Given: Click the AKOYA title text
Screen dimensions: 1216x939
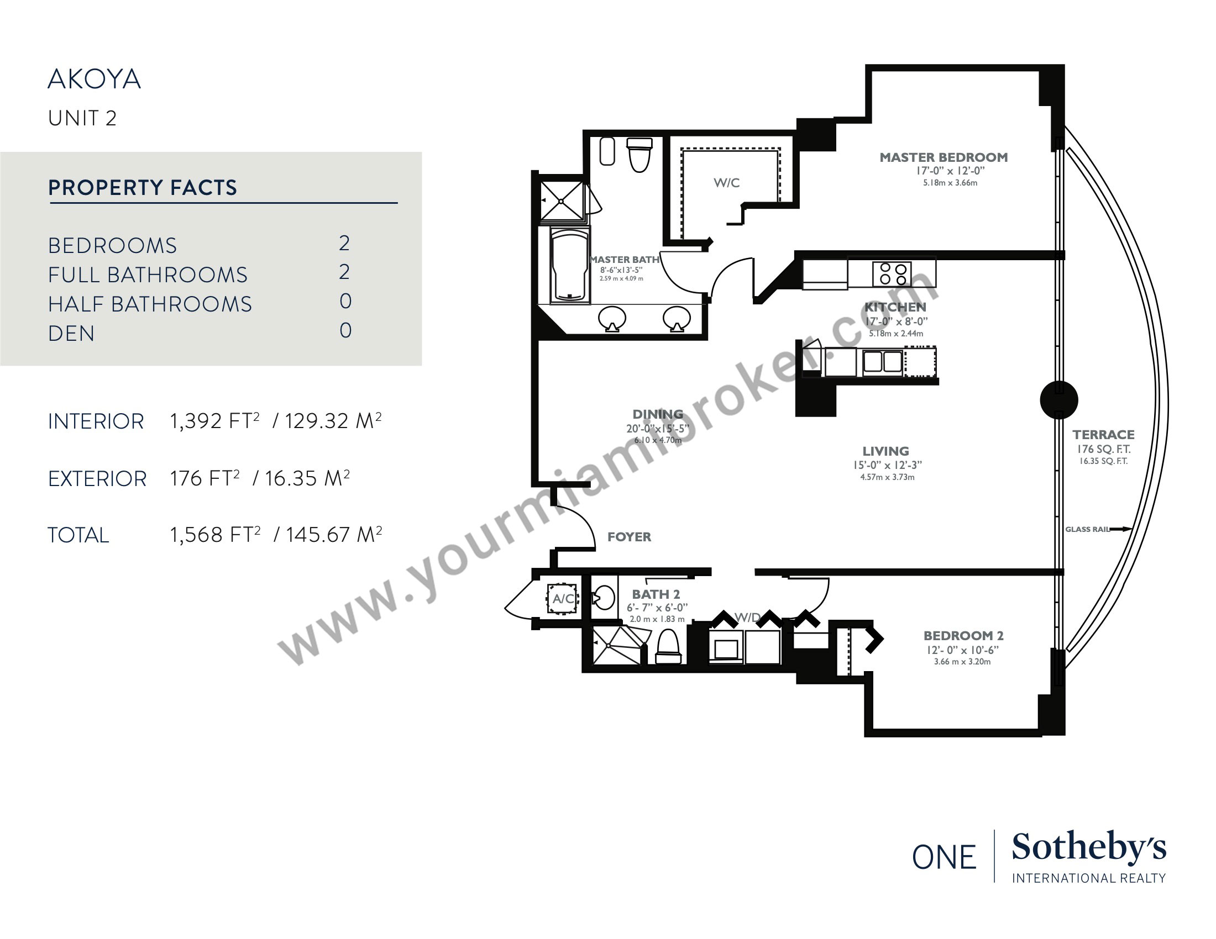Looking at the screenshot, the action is tap(94, 79).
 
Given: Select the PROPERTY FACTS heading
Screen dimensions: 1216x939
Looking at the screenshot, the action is tap(143, 187).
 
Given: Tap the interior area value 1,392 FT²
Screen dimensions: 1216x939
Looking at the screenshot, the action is tap(215, 420).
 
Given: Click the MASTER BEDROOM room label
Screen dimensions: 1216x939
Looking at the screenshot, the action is tap(944, 157).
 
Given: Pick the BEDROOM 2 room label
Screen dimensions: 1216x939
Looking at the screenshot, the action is tap(963, 635).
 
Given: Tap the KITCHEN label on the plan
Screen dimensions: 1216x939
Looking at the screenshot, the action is tap(895, 307).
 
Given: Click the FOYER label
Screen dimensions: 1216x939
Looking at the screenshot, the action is tap(629, 537).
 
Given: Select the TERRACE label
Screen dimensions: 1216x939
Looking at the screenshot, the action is tap(1104, 435).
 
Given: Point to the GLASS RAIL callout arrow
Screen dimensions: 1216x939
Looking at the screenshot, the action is tap(1120, 529).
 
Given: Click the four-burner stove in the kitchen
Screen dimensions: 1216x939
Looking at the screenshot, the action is tap(892, 273).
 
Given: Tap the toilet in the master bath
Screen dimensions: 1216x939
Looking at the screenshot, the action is tap(640, 155).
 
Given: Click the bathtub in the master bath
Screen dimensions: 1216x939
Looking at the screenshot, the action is tap(569, 265).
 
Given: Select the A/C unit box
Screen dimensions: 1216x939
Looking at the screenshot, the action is tap(563, 599).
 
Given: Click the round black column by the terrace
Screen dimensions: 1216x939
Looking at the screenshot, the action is tap(1059, 399).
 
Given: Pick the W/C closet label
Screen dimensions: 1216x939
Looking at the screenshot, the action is tap(727, 182).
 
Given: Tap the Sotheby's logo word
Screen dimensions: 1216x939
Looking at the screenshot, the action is tap(1088, 848).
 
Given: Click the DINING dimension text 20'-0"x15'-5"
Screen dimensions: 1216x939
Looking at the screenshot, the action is tap(658, 428).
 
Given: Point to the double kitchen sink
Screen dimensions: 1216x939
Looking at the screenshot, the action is tap(883, 362).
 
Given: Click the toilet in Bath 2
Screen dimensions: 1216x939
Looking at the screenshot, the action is tap(668, 647).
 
